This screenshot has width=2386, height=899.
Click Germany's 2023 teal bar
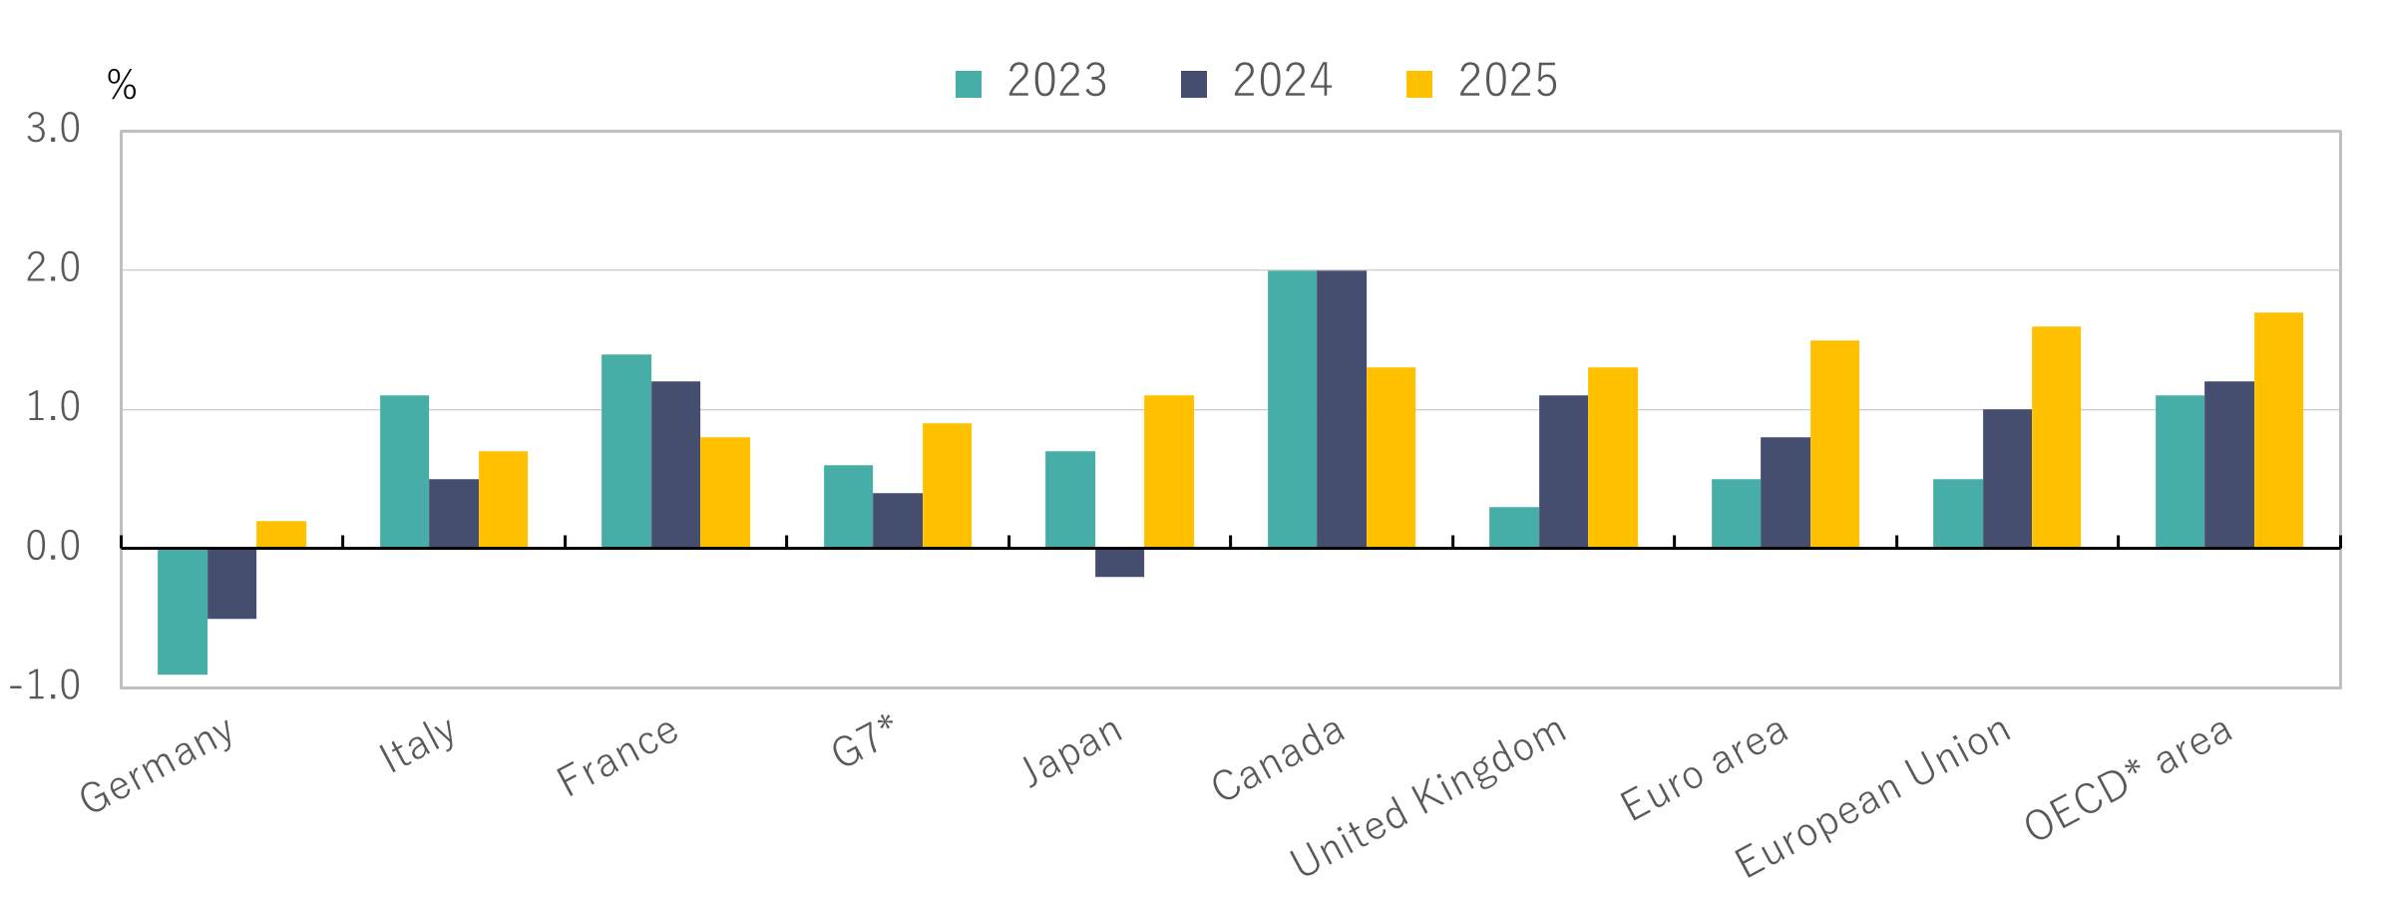point(183,611)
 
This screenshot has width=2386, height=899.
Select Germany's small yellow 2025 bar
point(281,535)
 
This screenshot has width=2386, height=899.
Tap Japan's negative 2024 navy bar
point(1119,563)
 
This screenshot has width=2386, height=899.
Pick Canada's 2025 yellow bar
point(1391,457)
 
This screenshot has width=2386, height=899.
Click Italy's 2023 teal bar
point(404,471)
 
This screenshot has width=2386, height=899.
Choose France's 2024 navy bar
point(675,464)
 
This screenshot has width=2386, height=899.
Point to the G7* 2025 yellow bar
point(947,485)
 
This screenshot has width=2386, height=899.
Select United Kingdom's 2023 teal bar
point(1514,527)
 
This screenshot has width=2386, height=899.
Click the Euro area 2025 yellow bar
point(1834,444)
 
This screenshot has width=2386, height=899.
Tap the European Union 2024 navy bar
point(2007,478)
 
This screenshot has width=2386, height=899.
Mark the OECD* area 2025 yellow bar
point(2278,430)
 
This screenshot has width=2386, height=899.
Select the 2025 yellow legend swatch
point(1418,84)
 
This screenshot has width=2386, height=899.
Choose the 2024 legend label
point(1282,81)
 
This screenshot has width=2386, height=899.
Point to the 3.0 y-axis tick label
point(53,129)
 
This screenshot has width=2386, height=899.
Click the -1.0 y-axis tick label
point(45,686)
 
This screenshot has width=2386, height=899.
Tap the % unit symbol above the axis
point(122,85)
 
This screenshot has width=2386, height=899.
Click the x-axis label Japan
point(1073,751)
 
